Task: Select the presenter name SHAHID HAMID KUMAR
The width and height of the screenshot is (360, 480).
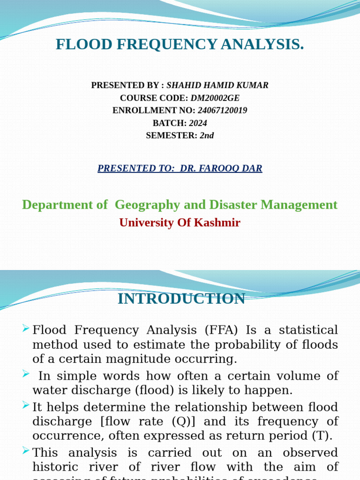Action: [217, 85]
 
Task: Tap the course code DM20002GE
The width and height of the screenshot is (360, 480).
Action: [215, 98]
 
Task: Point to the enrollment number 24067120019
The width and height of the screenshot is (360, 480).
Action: [222, 111]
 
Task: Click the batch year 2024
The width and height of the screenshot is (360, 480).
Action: [198, 123]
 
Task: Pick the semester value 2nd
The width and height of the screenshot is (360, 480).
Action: [207, 135]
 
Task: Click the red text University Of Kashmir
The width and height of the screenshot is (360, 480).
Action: [180, 223]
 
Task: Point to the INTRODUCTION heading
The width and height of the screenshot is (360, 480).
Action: [181, 299]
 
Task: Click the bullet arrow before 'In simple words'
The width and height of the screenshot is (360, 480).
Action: [26, 373]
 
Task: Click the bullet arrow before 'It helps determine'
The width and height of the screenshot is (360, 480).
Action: [26, 404]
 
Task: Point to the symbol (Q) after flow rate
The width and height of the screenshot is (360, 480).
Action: [180, 421]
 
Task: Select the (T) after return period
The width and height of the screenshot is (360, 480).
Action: [322, 435]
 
